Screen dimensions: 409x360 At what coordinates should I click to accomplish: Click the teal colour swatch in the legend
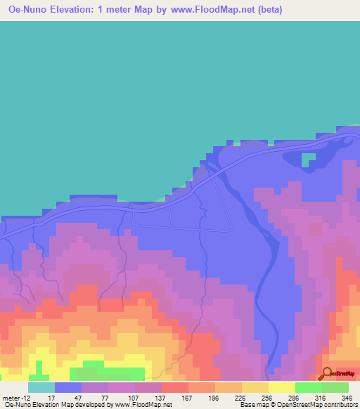pos(41,387)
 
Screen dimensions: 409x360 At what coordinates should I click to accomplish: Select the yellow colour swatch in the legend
pos(282,387)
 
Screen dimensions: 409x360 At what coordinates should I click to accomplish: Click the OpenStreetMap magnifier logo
pos(326,373)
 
